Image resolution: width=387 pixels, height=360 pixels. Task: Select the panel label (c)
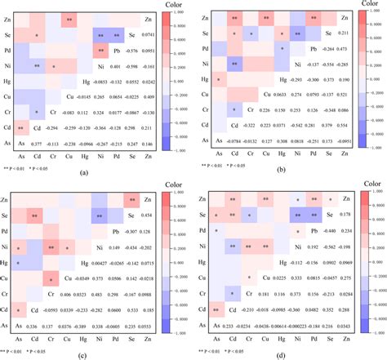(83, 353)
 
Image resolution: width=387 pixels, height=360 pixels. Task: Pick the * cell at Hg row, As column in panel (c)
(19, 261)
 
